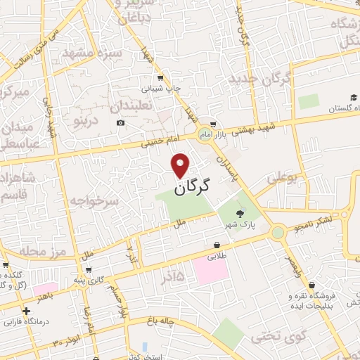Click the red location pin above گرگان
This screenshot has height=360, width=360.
(181, 165)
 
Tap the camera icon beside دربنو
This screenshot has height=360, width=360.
(121, 123)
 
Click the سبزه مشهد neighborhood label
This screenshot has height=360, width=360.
(92, 53)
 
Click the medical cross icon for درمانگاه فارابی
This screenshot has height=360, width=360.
(26, 310)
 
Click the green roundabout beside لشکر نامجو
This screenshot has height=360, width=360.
(278, 231)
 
